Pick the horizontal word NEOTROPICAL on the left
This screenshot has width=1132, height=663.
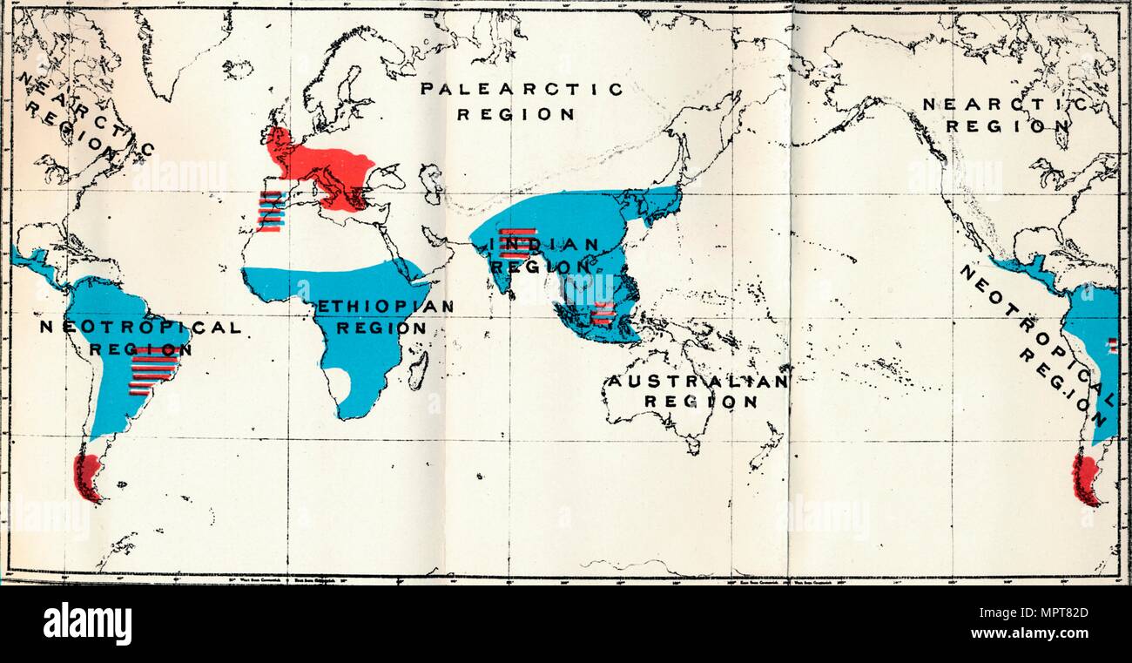139,328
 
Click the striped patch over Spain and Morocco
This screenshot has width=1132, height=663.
270,211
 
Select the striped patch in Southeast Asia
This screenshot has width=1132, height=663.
602,313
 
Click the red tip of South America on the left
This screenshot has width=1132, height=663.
88,477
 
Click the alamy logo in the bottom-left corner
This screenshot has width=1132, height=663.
87,624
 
